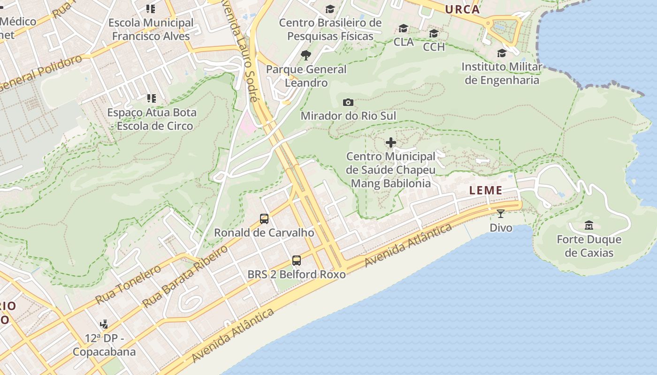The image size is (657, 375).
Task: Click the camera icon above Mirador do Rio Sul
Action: tap(348, 102)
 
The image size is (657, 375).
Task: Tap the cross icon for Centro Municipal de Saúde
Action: tap(390, 142)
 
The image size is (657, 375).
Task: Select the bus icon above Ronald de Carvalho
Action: tap(264, 219)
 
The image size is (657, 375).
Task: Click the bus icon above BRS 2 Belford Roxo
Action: tap(296, 261)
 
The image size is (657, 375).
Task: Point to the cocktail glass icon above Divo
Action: tap(501, 214)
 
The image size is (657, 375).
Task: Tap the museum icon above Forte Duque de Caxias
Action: tap(589, 225)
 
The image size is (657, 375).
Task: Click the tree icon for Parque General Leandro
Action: tap(306, 55)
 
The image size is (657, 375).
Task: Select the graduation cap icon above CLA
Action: tap(403, 29)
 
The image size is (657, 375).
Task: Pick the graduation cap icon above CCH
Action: tap(434, 33)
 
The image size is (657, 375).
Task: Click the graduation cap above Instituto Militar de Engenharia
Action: tap(502, 53)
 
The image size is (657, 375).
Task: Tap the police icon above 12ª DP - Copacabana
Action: tap(104, 324)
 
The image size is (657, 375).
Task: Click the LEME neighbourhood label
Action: tap(486, 190)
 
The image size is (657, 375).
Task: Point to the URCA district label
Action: tap(462, 9)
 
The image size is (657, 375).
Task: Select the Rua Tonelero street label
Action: tap(128, 284)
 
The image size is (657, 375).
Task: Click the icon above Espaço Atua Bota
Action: tap(151, 98)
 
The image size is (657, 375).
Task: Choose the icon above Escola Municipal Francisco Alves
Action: tap(150, 9)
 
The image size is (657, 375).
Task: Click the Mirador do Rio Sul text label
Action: tap(348, 116)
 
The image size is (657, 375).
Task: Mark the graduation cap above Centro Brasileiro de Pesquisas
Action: tap(330, 9)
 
